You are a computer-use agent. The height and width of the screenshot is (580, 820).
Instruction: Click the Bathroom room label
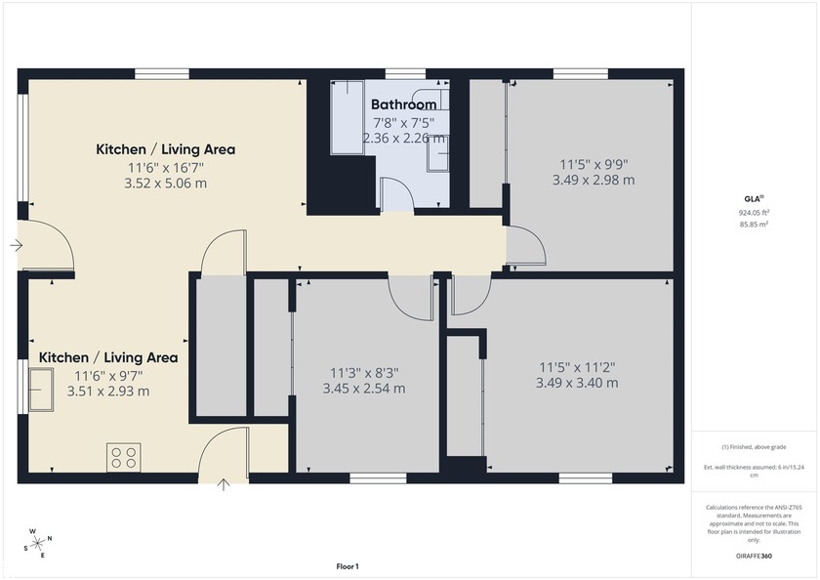coord(403,104)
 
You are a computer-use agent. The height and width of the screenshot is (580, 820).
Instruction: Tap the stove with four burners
coord(124,457)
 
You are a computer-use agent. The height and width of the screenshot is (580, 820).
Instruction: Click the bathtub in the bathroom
coord(347,117)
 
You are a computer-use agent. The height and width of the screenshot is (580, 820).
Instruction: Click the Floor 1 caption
coord(348,566)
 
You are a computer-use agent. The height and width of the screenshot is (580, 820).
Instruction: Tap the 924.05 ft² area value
coord(754,212)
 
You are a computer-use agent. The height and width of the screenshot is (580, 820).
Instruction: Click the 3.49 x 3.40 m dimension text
coord(577,384)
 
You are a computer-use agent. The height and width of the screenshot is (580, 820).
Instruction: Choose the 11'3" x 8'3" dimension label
coord(364,372)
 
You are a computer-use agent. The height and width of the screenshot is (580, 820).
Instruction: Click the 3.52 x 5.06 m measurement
coord(165,183)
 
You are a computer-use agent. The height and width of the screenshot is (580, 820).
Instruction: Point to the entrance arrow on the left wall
coord(16,245)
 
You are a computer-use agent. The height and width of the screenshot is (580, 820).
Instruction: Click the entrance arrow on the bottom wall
coord(224,483)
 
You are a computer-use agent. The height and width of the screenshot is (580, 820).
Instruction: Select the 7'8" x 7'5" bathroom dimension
coord(403,122)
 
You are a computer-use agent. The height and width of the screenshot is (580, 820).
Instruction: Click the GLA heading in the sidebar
coord(754,197)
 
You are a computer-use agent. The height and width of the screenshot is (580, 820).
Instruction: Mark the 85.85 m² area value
coord(754,224)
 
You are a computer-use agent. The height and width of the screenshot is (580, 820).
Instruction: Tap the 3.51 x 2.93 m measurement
coord(108,391)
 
